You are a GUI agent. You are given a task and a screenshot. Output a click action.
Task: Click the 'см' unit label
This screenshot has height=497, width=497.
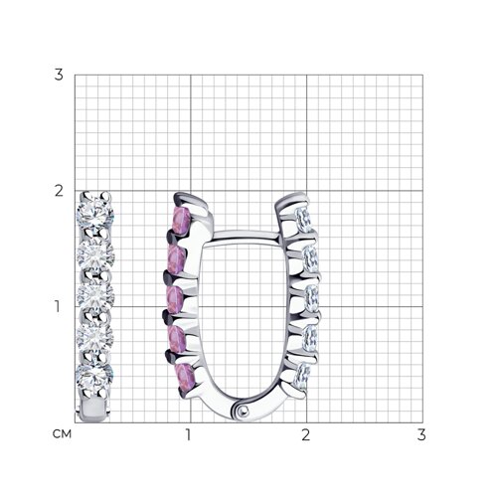pyautogui.click(x=62, y=434)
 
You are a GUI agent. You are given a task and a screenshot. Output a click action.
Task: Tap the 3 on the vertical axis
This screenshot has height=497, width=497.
pyautogui.click(x=59, y=75)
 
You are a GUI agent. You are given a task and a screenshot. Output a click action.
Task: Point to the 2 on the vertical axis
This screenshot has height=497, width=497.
pyautogui.click(x=59, y=191)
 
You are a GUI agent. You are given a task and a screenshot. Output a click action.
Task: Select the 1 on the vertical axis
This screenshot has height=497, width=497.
pyautogui.click(x=58, y=306)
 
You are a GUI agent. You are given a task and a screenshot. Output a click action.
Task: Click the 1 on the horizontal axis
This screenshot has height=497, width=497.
pyautogui.click(x=188, y=434)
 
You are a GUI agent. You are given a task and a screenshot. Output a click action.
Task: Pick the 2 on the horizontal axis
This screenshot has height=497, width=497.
pyautogui.click(x=305, y=434)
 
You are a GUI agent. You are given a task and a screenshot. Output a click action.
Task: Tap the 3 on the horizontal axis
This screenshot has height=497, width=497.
pyautogui.click(x=421, y=434)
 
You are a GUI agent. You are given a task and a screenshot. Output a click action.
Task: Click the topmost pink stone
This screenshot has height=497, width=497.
pyautogui.click(x=180, y=221)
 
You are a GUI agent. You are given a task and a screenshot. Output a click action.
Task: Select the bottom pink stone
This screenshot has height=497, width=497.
pyautogui.click(x=186, y=378)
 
